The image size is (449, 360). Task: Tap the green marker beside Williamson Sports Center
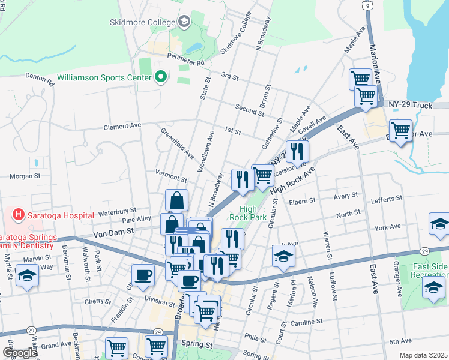(160, 77)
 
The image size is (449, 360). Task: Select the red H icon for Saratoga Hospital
(19, 214)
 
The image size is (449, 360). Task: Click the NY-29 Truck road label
(415, 106)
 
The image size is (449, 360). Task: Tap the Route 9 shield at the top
(366, 5)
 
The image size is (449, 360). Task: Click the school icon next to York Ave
(439, 225)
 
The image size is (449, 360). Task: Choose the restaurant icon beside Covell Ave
(296, 152)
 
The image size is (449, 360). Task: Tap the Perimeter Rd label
(191, 62)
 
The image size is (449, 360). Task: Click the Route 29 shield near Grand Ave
(31, 331)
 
